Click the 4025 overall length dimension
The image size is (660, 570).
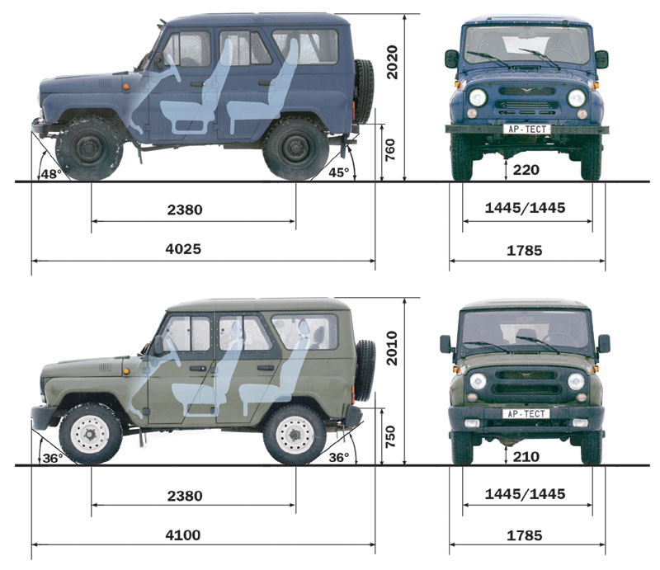[x=183, y=249]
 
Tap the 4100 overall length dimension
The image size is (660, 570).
[x=183, y=535]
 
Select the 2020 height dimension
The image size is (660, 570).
[x=392, y=63]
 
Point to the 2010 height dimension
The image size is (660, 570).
[x=392, y=348]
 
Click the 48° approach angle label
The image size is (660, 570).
[x=51, y=174]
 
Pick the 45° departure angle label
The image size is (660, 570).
[x=339, y=172]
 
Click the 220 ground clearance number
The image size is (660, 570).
[x=526, y=170]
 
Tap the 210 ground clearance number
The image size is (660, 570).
[x=526, y=457]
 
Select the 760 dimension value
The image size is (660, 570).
[x=390, y=149]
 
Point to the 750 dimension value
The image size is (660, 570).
[x=390, y=436]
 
